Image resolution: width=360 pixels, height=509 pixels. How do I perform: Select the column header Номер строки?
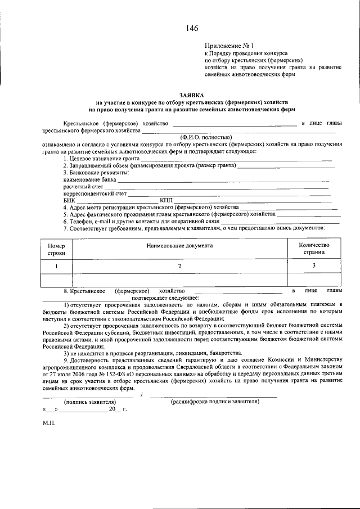pyautogui.click(x=56, y=249)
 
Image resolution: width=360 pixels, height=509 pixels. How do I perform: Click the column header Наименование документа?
pyautogui.click(x=180, y=246)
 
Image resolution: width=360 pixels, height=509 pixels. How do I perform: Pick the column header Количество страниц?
pyautogui.click(x=314, y=249)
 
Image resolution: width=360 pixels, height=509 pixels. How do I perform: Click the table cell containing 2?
pyautogui.click(x=180, y=265)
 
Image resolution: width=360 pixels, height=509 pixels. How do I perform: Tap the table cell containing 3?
pyautogui.click(x=314, y=265)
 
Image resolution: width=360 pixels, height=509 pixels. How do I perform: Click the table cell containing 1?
pyautogui.click(x=56, y=266)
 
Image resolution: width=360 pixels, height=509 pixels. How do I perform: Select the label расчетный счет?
pyautogui.click(x=83, y=186)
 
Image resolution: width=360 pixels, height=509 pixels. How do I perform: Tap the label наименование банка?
pyautogui.click(x=89, y=179)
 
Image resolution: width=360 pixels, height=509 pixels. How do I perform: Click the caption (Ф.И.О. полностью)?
pyautogui.click(x=206, y=137)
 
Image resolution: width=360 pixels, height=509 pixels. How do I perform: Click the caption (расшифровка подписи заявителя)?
pyautogui.click(x=214, y=403)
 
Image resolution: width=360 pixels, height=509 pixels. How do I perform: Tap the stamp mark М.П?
pyautogui.click(x=48, y=422)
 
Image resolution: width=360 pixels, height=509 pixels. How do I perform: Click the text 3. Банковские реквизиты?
pyautogui.click(x=96, y=173)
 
